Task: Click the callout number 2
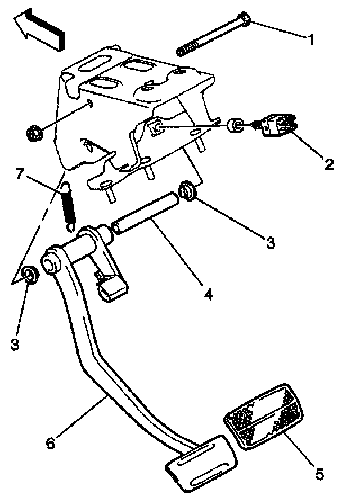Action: point(328,164)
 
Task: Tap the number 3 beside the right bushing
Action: point(271,243)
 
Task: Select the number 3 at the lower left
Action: point(15,343)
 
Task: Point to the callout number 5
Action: point(319,475)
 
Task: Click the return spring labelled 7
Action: point(68,206)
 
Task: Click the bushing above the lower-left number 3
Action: point(30,275)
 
